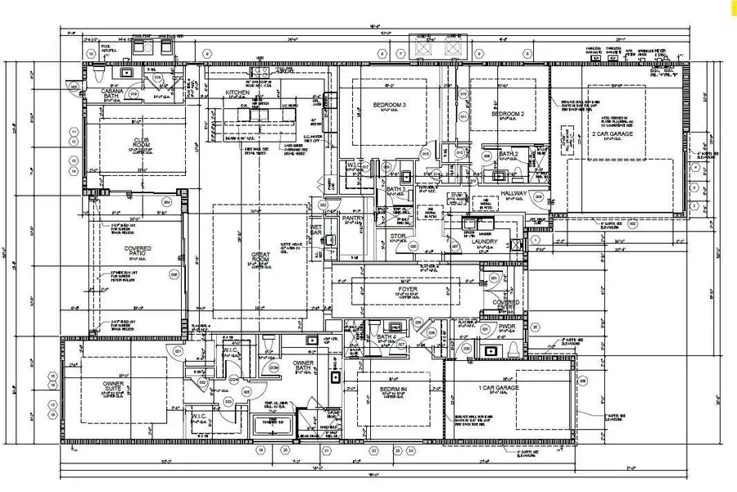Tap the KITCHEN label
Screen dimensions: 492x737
click(x=237, y=93)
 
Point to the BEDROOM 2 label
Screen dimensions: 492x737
click(x=507, y=114)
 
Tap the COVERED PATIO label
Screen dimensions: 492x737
click(x=137, y=251)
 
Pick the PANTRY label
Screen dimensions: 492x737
click(x=353, y=219)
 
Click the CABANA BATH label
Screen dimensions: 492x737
click(x=112, y=94)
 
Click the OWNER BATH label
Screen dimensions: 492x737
click(x=303, y=366)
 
